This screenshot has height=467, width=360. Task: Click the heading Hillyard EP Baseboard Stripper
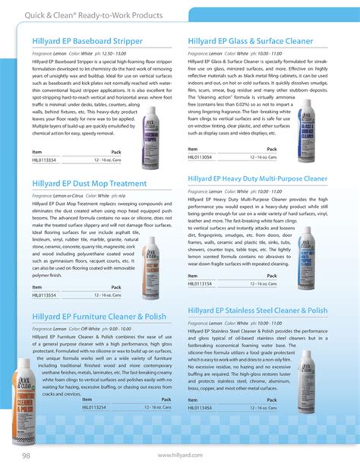pos(88,39)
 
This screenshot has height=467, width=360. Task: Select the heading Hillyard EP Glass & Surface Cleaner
pos(251,39)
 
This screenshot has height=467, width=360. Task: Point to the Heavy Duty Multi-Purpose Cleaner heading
pos(257,178)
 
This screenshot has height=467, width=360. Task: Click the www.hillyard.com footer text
pos(179,455)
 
